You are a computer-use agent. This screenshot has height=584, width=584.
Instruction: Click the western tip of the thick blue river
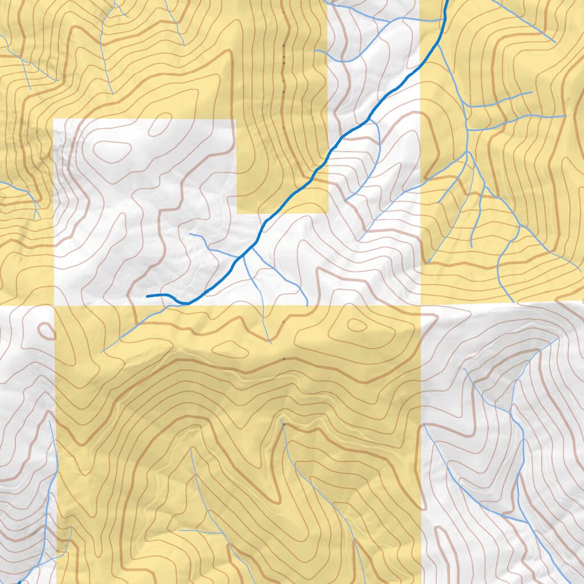pyautogui.click(x=148, y=297)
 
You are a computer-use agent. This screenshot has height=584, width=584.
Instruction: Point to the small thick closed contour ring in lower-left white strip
pyautogui.click(x=44, y=331)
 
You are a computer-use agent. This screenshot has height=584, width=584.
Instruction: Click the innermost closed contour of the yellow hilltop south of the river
pyautogui.click(x=357, y=325)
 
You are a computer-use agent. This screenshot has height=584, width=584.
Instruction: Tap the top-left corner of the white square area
pyautogui.click(x=54, y=119)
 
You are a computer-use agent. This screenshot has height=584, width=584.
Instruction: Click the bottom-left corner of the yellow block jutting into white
pyautogui.click(x=237, y=213)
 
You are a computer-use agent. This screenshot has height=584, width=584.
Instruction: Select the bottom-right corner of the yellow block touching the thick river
pyautogui.click(x=328, y=213)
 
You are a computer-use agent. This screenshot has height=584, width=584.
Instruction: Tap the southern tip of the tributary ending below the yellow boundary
pyautogui.click(x=270, y=343)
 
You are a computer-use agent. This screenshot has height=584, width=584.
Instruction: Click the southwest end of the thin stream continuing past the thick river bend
pyautogui.click(x=102, y=351)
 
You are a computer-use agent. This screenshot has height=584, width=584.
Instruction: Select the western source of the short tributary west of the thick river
pyautogui.click(x=190, y=234)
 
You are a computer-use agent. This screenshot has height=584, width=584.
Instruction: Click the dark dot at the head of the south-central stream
pyautogui.click(x=283, y=424)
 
